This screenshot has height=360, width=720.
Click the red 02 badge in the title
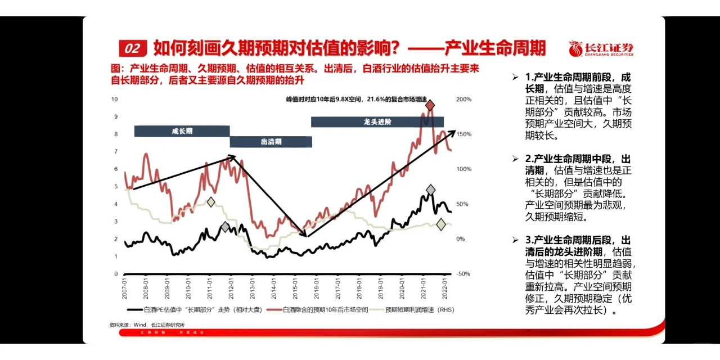(133, 48)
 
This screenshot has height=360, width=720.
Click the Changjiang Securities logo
(600, 48)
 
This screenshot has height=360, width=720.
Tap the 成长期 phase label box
(182, 131)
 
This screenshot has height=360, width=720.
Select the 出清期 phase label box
(271, 142)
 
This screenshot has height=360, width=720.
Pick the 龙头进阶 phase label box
(377, 121)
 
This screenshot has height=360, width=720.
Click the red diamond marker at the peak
(430, 105)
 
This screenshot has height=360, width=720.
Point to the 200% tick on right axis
(464, 100)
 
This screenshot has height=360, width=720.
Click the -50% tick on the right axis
(464, 274)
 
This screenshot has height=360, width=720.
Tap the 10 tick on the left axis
(115, 100)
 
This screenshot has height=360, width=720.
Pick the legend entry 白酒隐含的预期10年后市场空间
(325, 309)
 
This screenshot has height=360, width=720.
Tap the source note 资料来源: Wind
(147, 325)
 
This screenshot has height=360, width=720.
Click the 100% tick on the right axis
(464, 169)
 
